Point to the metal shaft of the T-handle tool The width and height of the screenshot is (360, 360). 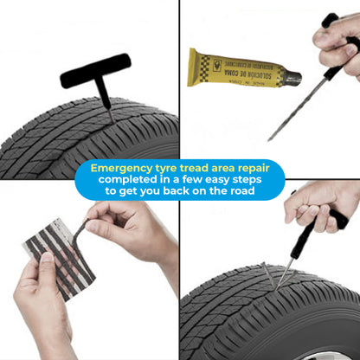tap(106, 100)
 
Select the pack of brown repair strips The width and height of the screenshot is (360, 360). tap(57, 252)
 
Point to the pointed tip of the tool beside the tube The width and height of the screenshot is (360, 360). tap(270, 138)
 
